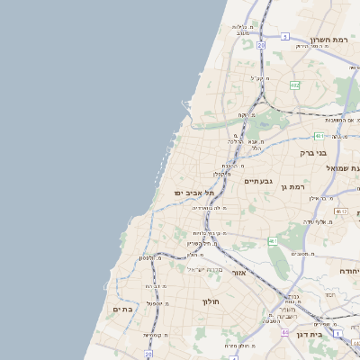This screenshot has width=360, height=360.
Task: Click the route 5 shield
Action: pos(284,37)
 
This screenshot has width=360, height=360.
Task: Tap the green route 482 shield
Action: pos(294,85)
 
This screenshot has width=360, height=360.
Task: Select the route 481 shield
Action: pos(319,136)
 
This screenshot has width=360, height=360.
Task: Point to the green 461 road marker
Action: pos(272,241)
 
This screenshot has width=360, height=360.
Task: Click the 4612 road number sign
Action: pos(341,211)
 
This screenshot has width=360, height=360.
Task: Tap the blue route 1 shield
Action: pos(337,333)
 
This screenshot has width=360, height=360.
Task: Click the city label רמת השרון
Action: pos(328,40)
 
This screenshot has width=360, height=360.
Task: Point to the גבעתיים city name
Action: pos(258,181)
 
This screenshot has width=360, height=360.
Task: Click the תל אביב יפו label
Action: pos(194,193)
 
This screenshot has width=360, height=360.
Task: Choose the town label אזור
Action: pos(238,272)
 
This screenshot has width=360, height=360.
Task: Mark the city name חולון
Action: pos(211,301)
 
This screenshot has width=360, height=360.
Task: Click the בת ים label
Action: pos(122,309)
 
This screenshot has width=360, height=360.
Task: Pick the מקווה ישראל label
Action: pos(202,269)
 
